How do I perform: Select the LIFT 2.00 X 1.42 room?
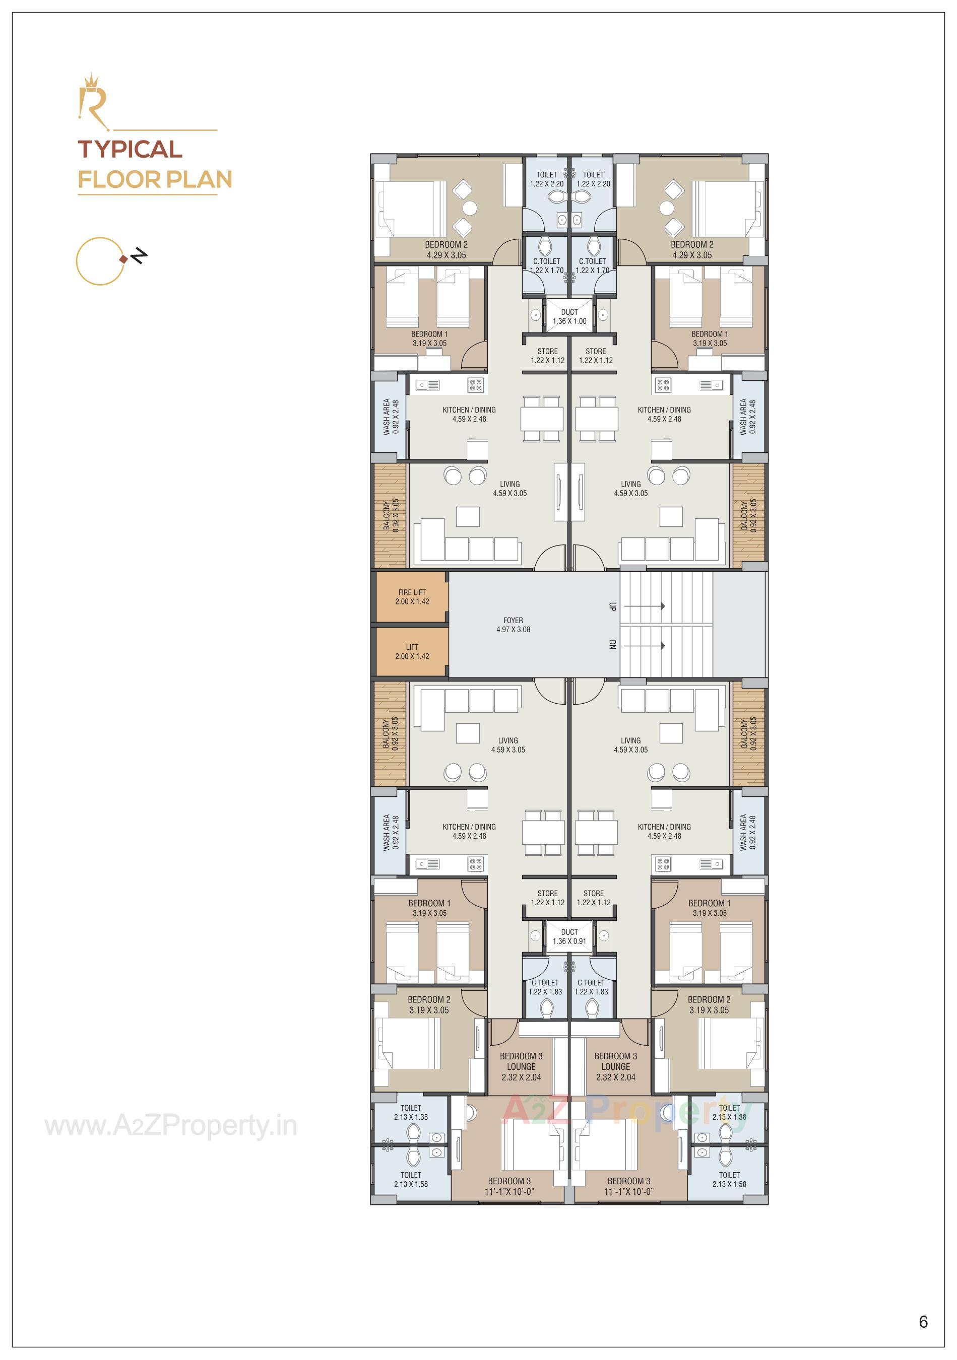(412, 652)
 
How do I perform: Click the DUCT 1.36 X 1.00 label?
(569, 316)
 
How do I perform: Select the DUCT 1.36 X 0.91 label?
(569, 936)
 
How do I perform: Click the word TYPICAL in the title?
(130, 149)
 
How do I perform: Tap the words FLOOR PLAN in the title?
(155, 179)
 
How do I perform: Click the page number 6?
(923, 1322)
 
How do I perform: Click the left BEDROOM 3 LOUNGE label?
(521, 1066)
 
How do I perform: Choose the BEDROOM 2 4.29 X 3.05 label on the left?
(446, 249)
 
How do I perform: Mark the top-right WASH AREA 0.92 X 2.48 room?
(748, 417)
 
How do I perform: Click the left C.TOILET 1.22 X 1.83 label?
(545, 987)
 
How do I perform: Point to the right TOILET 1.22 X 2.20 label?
(593, 179)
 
